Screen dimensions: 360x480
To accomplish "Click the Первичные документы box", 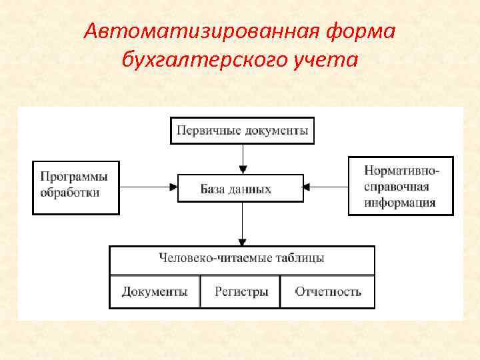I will coord(243,131).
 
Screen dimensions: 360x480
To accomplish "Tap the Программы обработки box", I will coord(75,187).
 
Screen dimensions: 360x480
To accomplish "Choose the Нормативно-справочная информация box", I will coord(401,185).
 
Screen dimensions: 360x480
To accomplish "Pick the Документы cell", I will coord(155,291).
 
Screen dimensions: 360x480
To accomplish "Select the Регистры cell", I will coord(241,291).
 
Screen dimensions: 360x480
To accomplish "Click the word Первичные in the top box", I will coord(201,131).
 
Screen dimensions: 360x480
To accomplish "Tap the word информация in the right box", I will coord(401,202).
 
